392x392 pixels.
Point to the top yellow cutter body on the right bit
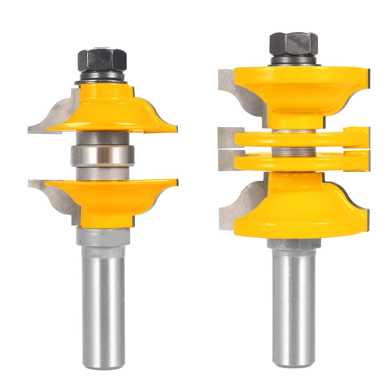[295, 89]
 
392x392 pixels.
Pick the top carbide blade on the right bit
[235, 91]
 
